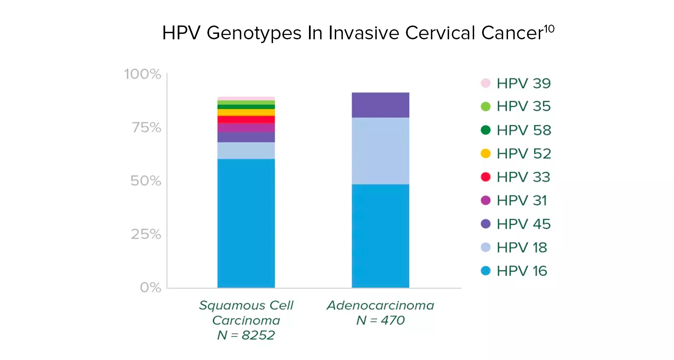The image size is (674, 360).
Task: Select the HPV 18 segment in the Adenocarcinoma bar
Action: [x=380, y=151]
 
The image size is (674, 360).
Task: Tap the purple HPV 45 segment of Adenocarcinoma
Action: [x=380, y=105]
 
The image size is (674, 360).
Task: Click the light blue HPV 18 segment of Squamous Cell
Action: [x=246, y=151]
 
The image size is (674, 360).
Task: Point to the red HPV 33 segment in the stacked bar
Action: [x=246, y=120]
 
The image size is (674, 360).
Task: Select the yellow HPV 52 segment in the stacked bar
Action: [x=246, y=112]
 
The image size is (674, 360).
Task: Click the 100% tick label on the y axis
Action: [x=143, y=74]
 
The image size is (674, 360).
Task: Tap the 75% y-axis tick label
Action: [x=146, y=127]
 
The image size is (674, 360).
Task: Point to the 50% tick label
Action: [x=146, y=181]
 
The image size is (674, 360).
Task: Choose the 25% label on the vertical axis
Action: [x=146, y=234]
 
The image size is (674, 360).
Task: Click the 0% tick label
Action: [x=151, y=287]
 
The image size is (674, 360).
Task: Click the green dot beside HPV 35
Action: [x=485, y=107]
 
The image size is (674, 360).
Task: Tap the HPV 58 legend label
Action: [x=523, y=130]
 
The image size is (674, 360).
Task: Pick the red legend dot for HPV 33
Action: [x=485, y=177]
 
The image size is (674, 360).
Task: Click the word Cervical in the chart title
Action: [x=440, y=33]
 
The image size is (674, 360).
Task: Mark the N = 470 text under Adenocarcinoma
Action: [x=380, y=320]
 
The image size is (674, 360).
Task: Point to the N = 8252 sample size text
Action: [x=246, y=335]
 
